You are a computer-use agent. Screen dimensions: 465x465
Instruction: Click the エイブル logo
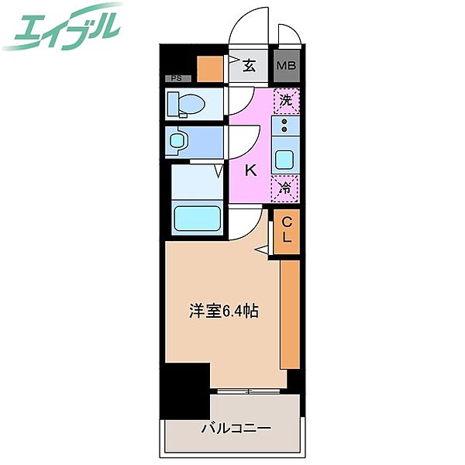coord(62,26)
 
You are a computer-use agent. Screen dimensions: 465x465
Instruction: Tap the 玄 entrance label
coord(249,66)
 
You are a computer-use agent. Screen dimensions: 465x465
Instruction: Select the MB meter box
coord(286,66)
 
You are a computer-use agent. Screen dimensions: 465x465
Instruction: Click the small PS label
coord(177,78)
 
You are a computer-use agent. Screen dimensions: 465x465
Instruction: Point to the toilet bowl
coord(187,105)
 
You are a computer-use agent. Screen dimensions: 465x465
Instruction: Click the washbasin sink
coord(177,141)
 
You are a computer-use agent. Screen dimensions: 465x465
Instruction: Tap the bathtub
coord(197,219)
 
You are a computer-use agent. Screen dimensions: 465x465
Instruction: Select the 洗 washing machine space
coord(286,101)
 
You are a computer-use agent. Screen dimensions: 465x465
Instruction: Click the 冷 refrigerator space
coord(285,188)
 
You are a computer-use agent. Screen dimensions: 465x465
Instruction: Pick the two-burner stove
coord(285,126)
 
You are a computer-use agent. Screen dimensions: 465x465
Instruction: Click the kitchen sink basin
coord(284,159)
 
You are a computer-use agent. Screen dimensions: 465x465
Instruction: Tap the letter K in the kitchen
coord(250,170)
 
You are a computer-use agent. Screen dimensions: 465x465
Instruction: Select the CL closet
coord(287,231)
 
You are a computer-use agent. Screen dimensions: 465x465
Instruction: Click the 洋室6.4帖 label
coord(224,311)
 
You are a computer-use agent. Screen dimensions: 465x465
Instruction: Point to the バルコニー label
coord(236,428)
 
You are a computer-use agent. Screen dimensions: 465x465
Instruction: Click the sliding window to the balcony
coord(249,391)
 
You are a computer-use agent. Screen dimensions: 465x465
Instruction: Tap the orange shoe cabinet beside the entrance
coord(210,69)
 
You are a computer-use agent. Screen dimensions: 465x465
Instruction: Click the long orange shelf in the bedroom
coord(290,315)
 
